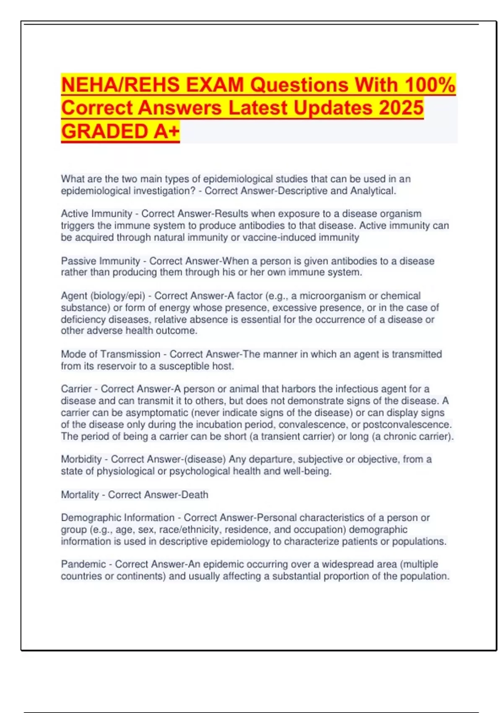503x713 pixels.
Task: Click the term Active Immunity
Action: tap(96, 214)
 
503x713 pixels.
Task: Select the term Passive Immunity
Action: tap(100, 261)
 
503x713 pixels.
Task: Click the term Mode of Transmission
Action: tap(111, 354)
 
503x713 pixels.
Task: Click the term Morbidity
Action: tap(81, 459)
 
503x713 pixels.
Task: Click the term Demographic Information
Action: tap(118, 518)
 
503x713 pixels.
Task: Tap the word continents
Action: tap(141, 576)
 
